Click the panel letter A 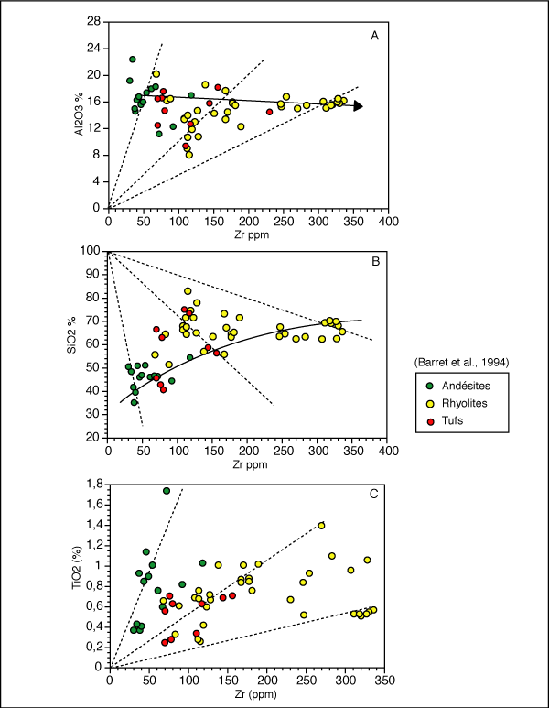(x=373, y=36)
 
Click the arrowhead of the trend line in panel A (x=359, y=106)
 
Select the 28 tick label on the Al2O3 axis (x=94, y=20)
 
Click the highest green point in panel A (x=133, y=60)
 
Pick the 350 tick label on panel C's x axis (x=385, y=681)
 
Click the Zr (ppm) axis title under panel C (x=245, y=695)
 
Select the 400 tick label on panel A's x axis (x=388, y=222)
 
